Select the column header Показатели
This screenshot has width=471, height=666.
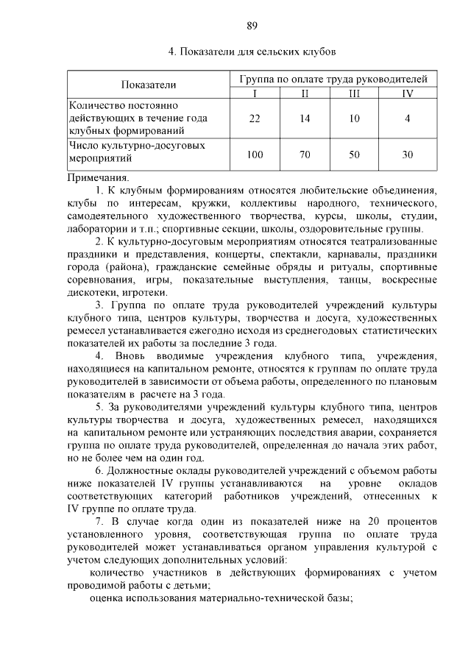point(149,85)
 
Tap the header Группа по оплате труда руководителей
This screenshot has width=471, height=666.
point(333,79)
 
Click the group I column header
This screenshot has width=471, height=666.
point(255,92)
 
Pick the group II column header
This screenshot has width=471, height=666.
point(305,92)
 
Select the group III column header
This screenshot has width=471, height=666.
point(355,92)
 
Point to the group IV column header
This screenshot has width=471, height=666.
point(407,92)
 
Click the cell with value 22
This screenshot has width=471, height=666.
point(255,118)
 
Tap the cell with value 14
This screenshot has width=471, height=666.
point(305,118)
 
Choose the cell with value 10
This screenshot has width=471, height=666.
point(355,118)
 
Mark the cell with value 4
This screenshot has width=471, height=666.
point(407,118)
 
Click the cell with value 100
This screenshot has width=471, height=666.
point(255,155)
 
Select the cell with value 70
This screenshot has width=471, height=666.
point(305,155)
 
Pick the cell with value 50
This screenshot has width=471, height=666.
point(355,155)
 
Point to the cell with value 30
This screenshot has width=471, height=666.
point(407,155)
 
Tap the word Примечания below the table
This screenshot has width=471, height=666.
point(98,177)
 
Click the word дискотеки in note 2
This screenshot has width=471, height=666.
point(89,292)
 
